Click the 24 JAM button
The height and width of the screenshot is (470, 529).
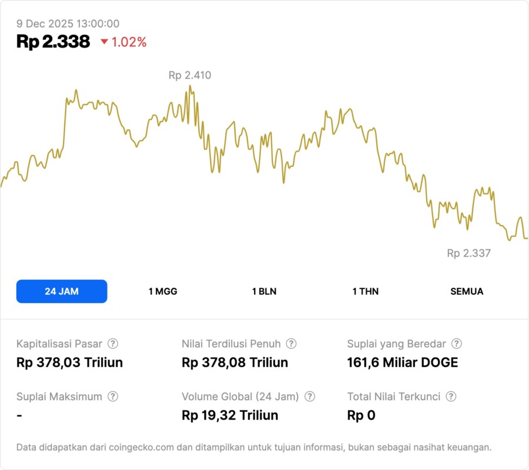tap(62, 291)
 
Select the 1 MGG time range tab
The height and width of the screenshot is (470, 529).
tap(163, 291)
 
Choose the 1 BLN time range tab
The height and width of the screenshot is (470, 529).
tap(264, 291)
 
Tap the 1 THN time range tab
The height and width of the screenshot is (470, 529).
tap(366, 291)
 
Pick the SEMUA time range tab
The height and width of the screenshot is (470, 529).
tap(467, 291)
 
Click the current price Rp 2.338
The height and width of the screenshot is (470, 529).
tap(53, 42)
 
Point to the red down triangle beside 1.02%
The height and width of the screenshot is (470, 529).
tap(104, 42)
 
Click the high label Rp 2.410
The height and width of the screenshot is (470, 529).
tap(190, 75)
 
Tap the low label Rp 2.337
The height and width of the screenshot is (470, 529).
tap(468, 253)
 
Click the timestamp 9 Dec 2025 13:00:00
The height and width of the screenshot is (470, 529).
tap(68, 23)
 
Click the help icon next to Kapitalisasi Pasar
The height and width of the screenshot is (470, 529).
tap(113, 344)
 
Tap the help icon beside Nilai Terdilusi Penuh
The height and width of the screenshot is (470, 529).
tap(291, 344)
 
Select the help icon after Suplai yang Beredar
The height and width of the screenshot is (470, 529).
tap(456, 344)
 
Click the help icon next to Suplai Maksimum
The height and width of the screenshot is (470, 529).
tap(113, 397)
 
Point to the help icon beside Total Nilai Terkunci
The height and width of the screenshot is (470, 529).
tap(451, 397)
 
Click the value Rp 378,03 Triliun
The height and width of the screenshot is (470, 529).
tap(69, 362)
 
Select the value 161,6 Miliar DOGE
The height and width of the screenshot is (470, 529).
tap(403, 362)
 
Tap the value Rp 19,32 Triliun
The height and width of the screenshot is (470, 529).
tap(230, 415)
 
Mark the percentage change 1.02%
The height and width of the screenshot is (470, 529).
tap(129, 42)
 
